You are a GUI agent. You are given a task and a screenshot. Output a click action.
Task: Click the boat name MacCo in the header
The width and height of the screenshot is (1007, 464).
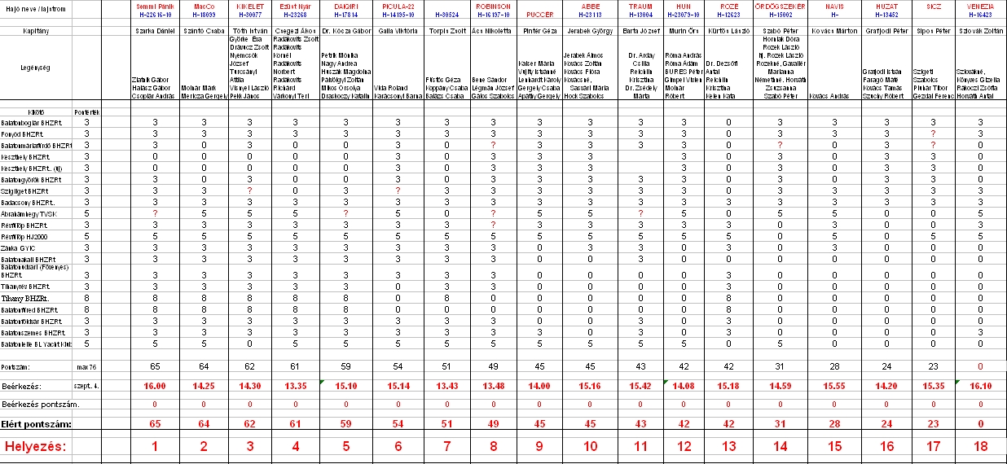pyautogui.click(x=204, y=5)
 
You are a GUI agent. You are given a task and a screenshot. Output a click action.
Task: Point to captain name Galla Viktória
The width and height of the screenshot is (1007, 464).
pyautogui.click(x=397, y=31)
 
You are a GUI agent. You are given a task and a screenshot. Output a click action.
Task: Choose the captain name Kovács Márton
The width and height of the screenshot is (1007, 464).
pyautogui.click(x=833, y=31)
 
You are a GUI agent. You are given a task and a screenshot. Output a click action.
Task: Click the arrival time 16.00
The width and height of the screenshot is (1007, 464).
pyautogui.click(x=155, y=384)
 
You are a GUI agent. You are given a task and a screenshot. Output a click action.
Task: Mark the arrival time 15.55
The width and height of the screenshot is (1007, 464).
pyautogui.click(x=833, y=384)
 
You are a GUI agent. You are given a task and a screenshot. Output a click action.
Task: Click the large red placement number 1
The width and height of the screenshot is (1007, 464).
pyautogui.click(x=155, y=446)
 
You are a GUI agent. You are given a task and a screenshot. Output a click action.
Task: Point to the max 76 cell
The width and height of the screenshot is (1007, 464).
pyautogui.click(x=86, y=367)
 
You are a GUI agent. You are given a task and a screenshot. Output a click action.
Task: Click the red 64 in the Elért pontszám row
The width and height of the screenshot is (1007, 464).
pyautogui.click(x=204, y=424)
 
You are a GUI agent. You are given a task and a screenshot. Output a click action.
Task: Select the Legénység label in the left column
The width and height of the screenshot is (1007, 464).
pyautogui.click(x=36, y=68)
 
